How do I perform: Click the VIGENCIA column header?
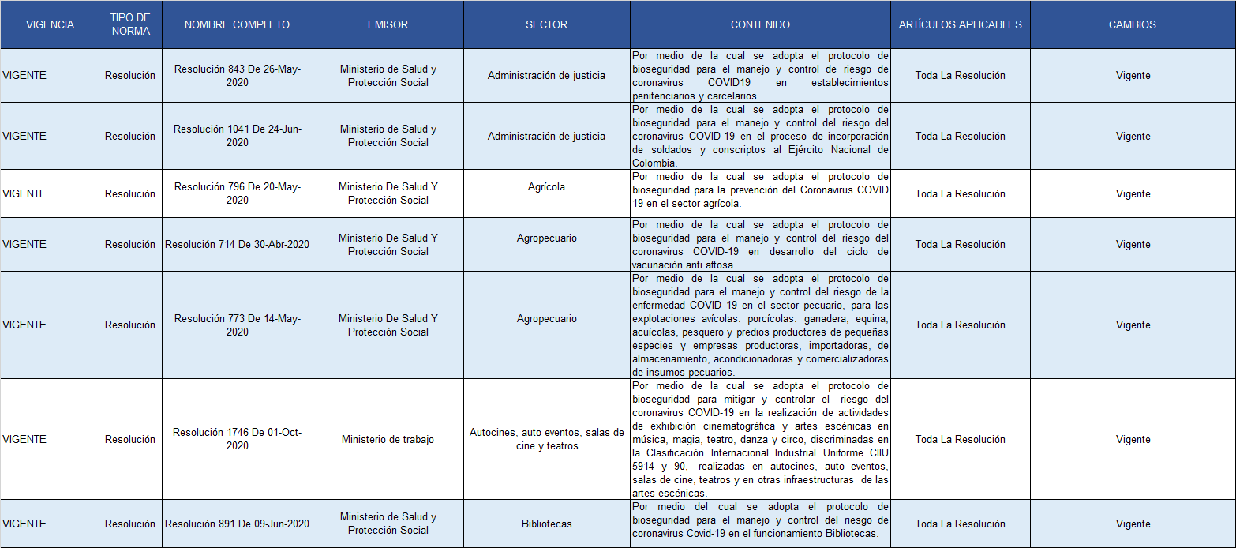(x=50, y=24)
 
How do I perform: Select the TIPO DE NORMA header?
(x=130, y=24)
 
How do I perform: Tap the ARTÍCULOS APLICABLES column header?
(x=960, y=24)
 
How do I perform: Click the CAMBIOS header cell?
(x=1132, y=24)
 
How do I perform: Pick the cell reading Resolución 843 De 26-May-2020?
(x=238, y=76)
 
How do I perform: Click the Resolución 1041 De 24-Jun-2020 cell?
(x=238, y=136)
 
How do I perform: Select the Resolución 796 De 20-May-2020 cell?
(x=238, y=193)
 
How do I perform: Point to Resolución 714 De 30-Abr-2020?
(x=238, y=244)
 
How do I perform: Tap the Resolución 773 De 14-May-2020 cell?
(x=238, y=325)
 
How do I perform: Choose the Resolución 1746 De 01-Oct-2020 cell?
(x=238, y=439)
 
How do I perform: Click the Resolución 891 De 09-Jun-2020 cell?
(x=238, y=524)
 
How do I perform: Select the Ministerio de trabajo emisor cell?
(x=388, y=439)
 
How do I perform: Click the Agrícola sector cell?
(x=546, y=187)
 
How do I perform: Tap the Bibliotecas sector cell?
(x=546, y=524)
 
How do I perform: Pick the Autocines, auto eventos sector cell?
(x=546, y=439)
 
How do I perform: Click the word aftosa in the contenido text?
(x=719, y=265)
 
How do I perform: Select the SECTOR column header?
(x=546, y=24)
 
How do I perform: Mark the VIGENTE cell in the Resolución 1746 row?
(x=24, y=439)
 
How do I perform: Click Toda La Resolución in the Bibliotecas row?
(x=960, y=524)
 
